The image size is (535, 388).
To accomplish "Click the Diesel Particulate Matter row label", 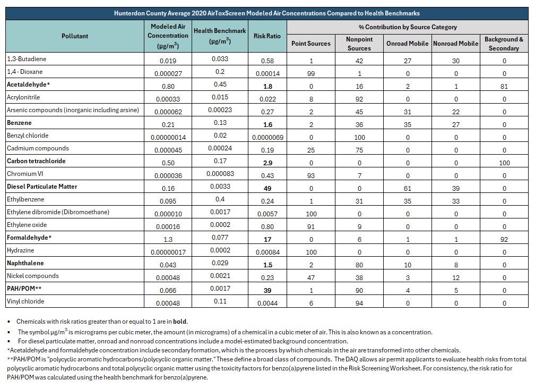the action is tap(42, 187).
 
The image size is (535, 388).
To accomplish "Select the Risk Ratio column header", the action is tap(267, 36).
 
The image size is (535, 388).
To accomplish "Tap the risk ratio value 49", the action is tap(267, 189).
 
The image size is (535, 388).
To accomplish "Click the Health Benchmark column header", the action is tap(220, 36).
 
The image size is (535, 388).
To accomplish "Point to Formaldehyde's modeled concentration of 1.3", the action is tap(168, 239).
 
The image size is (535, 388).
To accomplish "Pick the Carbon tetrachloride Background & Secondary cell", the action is tap(504, 163).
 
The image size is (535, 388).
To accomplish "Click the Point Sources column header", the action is tap(311, 44).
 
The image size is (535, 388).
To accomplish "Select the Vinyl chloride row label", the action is tap(25, 301).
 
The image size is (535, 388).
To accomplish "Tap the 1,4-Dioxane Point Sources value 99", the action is tap(311, 73).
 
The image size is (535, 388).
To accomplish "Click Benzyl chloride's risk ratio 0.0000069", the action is tap(267, 137).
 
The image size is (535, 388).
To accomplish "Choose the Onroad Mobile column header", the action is tap(408, 44).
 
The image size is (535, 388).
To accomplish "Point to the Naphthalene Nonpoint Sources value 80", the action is tap(359, 265).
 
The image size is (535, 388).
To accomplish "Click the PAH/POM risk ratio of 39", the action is tap(267, 291).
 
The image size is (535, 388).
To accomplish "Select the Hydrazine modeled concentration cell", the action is tap(168, 252).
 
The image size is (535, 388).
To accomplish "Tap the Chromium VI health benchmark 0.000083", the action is tap(220, 173).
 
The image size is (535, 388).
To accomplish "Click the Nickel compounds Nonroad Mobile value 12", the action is tap(456, 277).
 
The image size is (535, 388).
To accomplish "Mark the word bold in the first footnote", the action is tap(180, 322).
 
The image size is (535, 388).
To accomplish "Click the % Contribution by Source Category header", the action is tap(408, 27).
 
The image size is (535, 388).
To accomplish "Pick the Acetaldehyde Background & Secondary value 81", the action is tap(504, 87).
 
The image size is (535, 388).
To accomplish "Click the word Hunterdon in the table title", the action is tap(129, 13).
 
